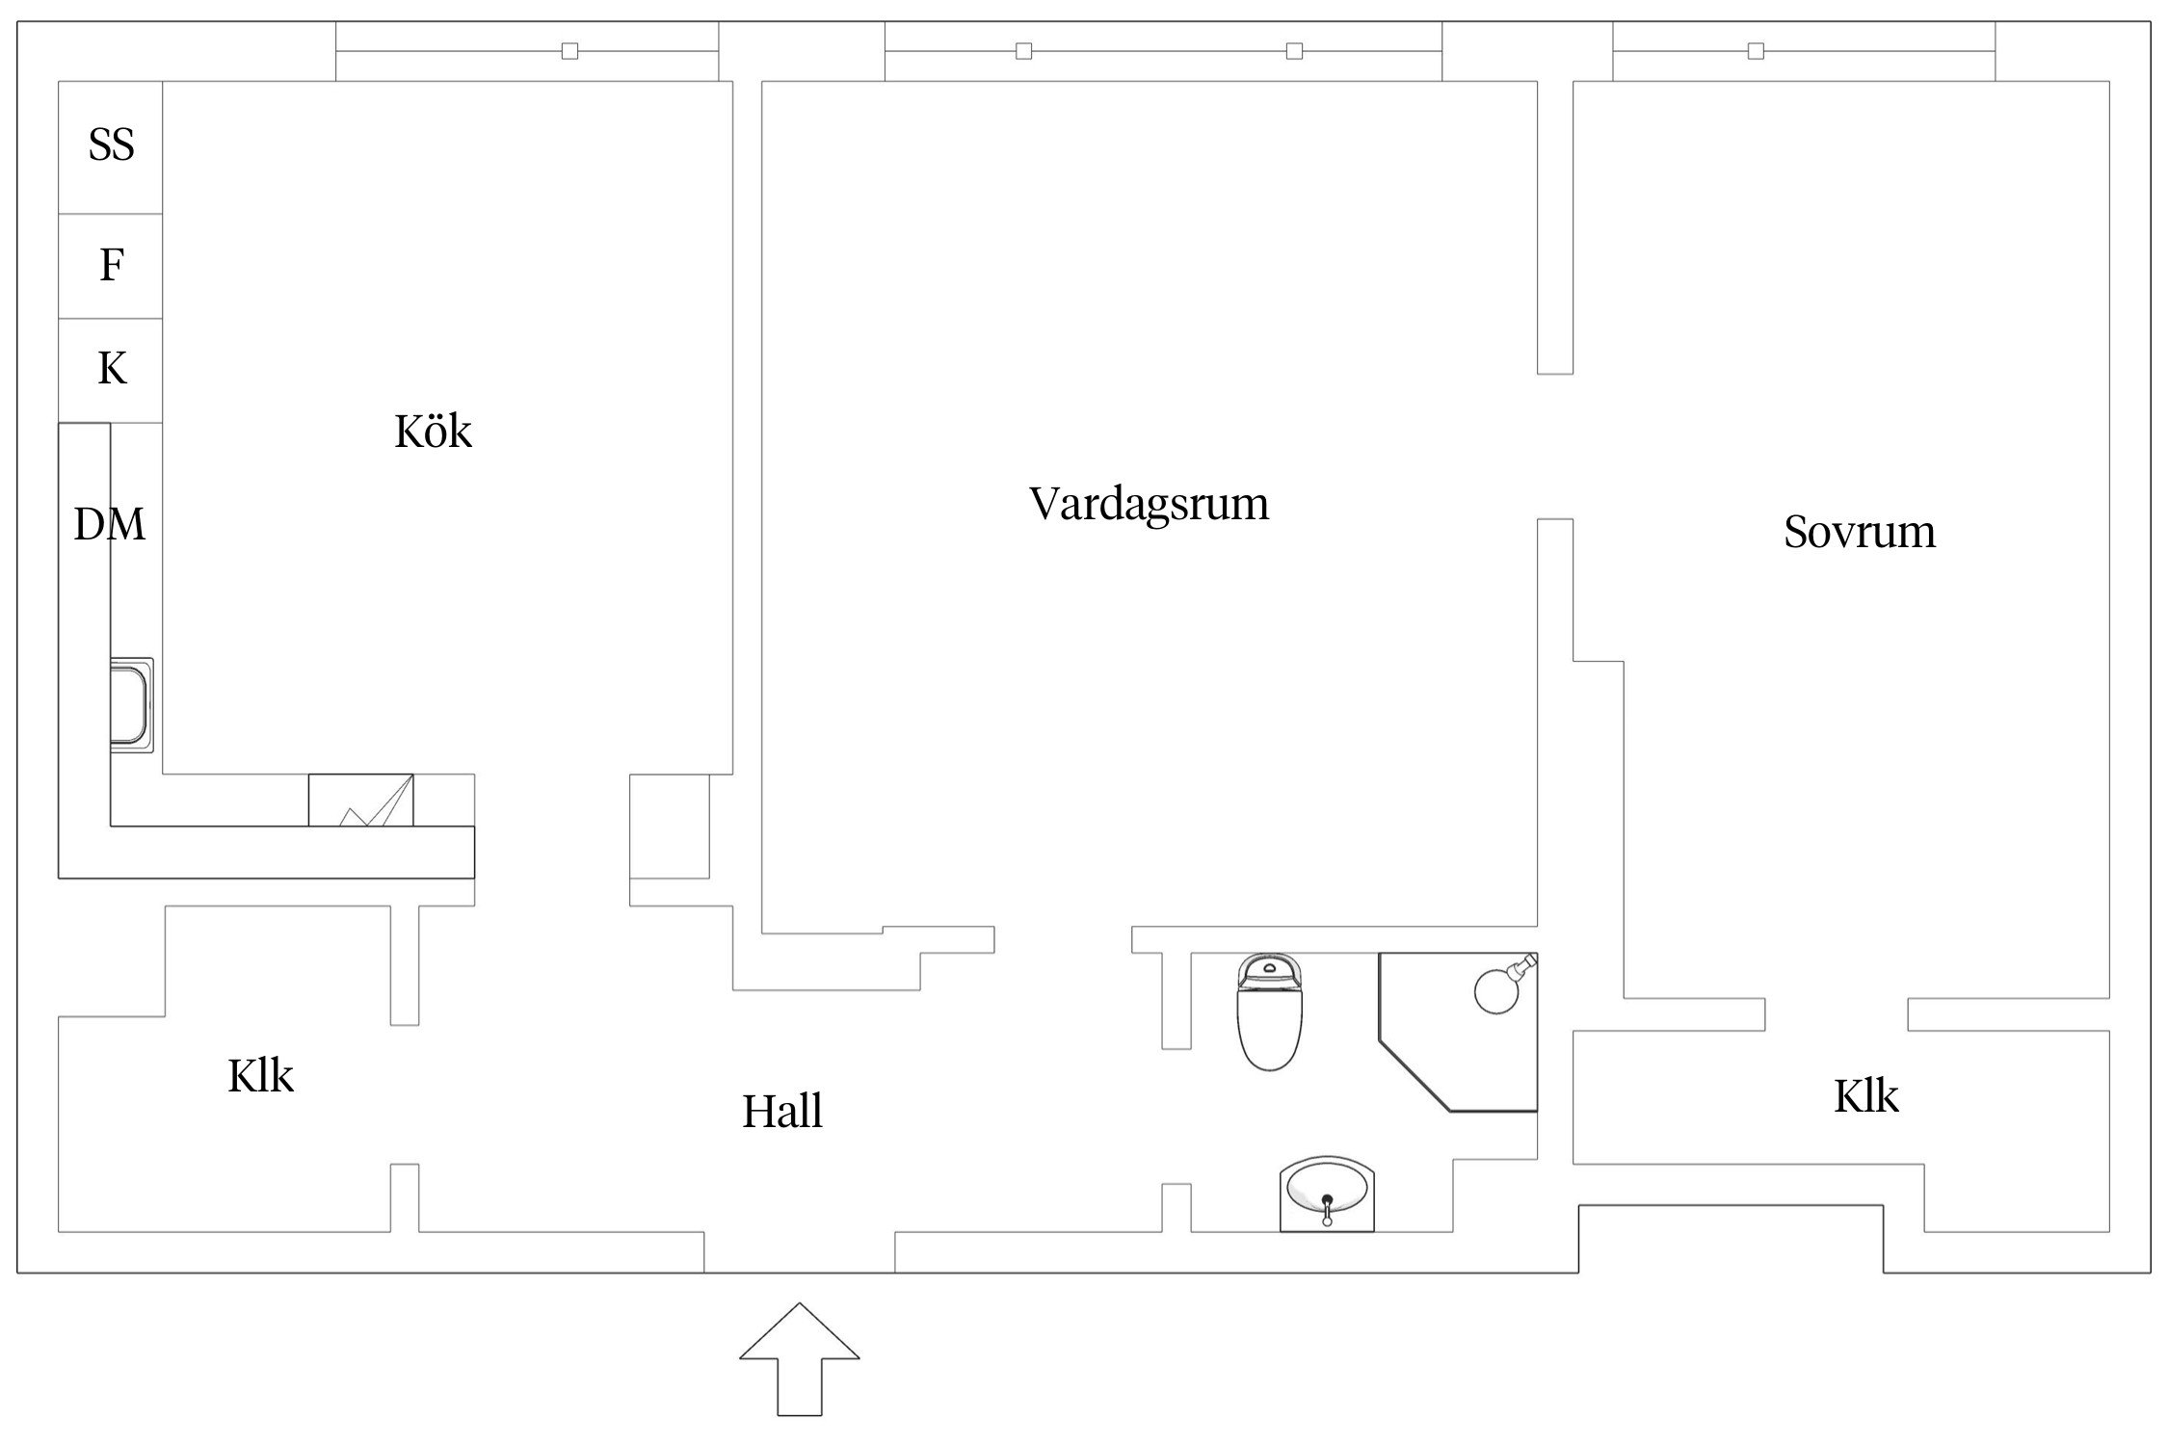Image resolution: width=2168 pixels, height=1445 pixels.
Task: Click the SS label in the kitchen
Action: click(x=111, y=145)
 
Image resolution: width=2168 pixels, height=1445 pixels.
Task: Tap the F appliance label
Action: click(x=112, y=265)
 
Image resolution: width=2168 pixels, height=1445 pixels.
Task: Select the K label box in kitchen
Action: click(x=112, y=369)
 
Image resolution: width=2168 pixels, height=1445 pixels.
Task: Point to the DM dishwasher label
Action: click(x=110, y=525)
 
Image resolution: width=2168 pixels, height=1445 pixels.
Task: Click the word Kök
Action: click(x=433, y=432)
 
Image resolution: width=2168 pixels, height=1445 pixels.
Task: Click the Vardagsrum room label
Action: click(x=1149, y=504)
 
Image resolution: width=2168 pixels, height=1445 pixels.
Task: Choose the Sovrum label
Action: click(x=1859, y=532)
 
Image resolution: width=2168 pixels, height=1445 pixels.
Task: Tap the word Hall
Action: click(x=781, y=1112)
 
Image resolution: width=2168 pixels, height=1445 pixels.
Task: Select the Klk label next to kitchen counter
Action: click(x=260, y=1076)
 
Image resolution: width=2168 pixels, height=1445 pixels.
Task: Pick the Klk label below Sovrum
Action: click(x=1865, y=1096)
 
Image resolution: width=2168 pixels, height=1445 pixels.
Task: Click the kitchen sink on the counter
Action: click(x=130, y=704)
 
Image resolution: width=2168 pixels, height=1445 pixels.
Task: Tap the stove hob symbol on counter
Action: click(x=361, y=801)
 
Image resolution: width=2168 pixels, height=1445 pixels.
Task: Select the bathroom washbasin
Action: click(x=1327, y=1195)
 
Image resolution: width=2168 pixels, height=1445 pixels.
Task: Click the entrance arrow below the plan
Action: click(x=799, y=1358)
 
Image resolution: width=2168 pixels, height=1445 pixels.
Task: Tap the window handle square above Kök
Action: click(x=569, y=51)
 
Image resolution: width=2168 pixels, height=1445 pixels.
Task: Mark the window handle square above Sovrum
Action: click(x=1756, y=51)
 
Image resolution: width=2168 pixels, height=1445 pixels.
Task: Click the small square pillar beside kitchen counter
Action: click(x=670, y=826)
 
